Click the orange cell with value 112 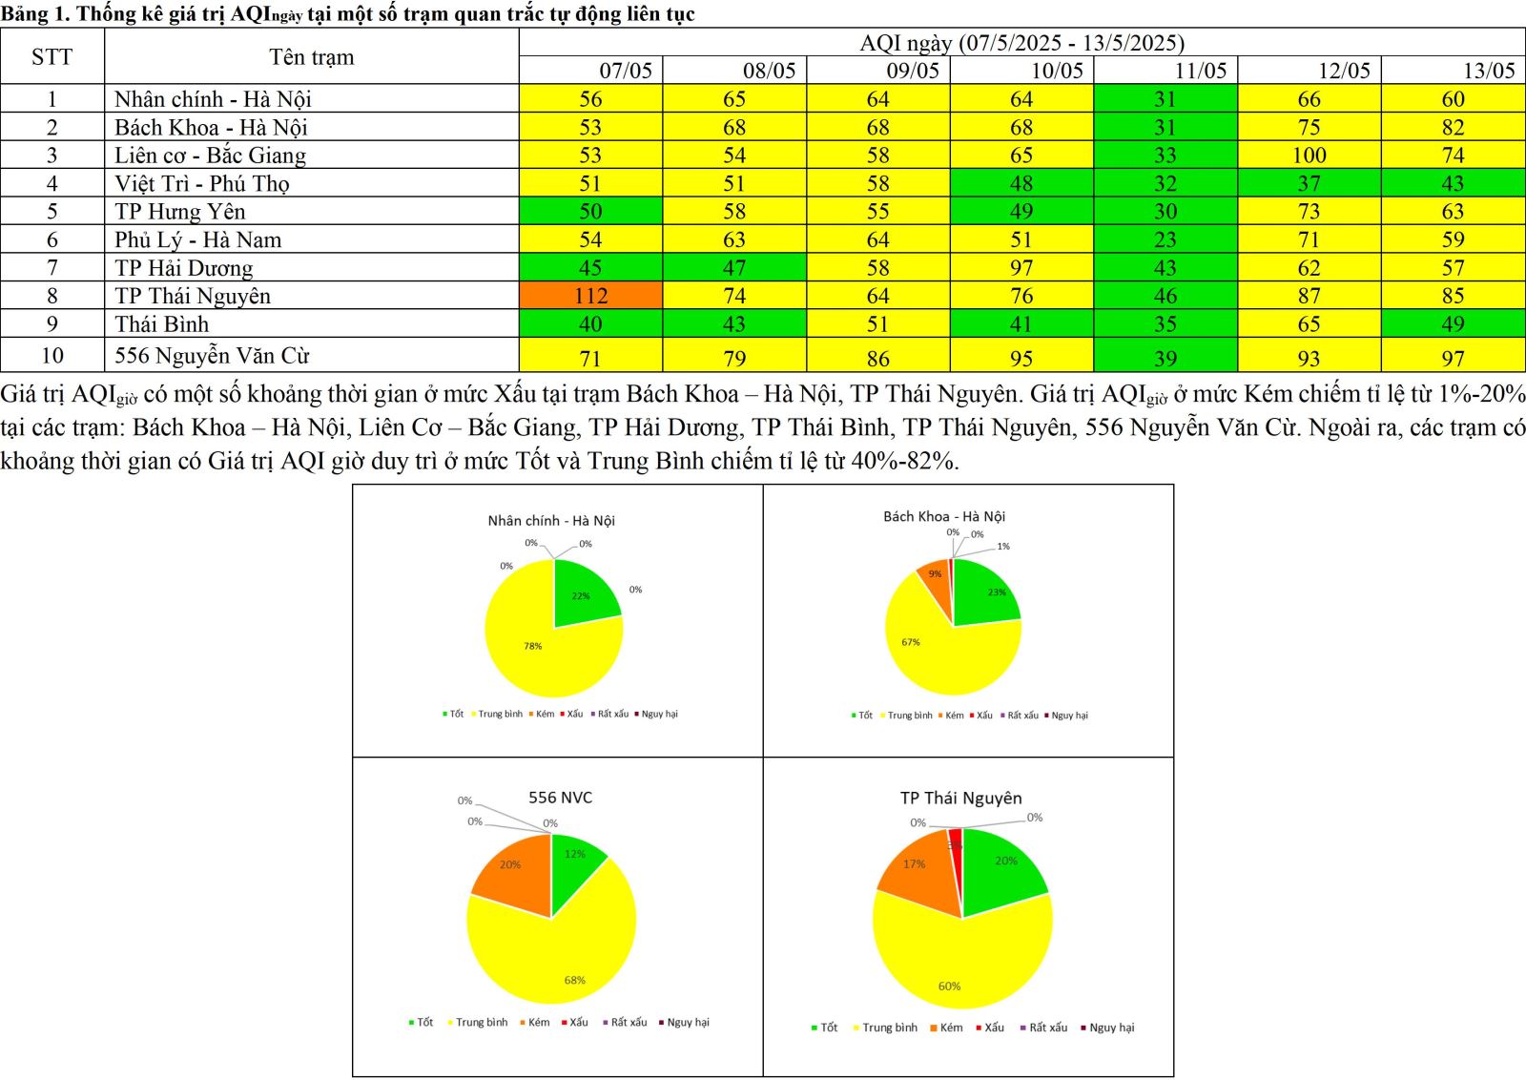tap(590, 296)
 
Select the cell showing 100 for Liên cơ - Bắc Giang tap(1309, 156)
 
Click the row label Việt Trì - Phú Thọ tap(201, 183)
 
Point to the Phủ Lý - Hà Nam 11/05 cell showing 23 tap(1165, 239)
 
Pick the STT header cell tap(52, 56)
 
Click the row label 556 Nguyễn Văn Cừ tap(212, 356)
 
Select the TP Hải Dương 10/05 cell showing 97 tap(1021, 268)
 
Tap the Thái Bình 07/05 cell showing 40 tap(590, 324)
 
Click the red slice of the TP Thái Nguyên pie tap(955, 841)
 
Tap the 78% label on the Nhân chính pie tap(532, 646)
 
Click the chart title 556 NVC tap(560, 798)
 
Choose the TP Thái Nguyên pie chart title tap(960, 798)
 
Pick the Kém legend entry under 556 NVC tap(538, 1022)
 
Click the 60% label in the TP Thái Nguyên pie tap(949, 987)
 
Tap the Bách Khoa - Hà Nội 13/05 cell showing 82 tap(1452, 128)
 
